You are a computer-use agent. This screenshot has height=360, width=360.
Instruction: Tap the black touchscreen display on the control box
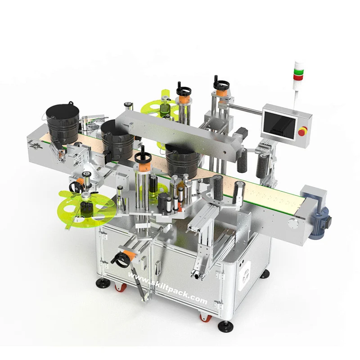(279, 125)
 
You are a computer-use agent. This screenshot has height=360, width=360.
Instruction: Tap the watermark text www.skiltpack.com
(167, 288)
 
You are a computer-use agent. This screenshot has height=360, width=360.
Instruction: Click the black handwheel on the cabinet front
(120, 260)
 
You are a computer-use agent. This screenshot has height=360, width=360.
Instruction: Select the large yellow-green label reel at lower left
(86, 208)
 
